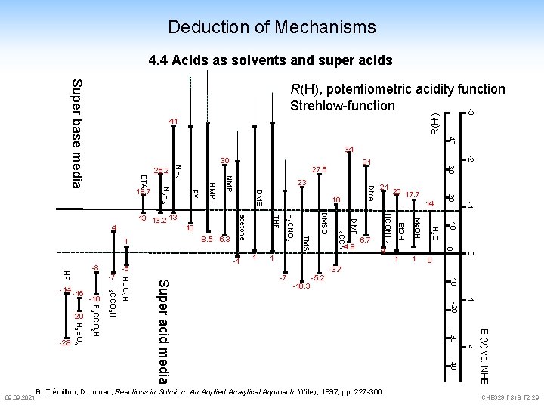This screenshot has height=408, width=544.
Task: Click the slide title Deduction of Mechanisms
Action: click(x=272, y=28)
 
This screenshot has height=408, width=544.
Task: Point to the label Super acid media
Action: click(x=163, y=340)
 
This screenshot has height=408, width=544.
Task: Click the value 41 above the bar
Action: click(x=174, y=122)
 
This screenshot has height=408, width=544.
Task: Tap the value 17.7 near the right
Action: click(x=413, y=194)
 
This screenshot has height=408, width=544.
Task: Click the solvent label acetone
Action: click(x=241, y=227)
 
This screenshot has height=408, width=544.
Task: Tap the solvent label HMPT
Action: click(x=212, y=191)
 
